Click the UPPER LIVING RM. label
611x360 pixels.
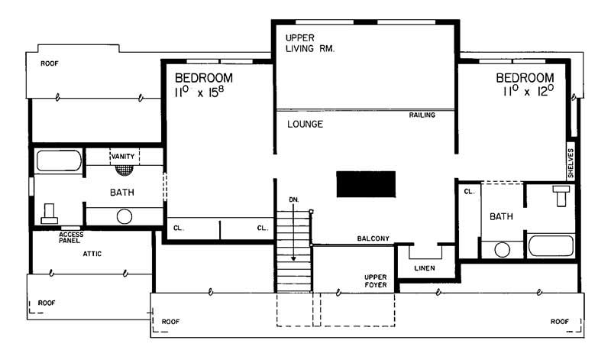pyautogui.click(x=311, y=42)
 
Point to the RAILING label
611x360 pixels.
pyautogui.click(x=422, y=115)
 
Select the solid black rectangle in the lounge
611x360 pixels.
pyautogui.click(x=367, y=185)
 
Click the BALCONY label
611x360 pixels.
pyautogui.click(x=373, y=239)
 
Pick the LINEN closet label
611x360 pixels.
pyautogui.click(x=425, y=268)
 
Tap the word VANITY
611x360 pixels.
pyautogui.click(x=123, y=156)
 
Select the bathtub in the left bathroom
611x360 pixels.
pyautogui.click(x=59, y=161)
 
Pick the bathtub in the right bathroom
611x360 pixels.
pyautogui.click(x=549, y=246)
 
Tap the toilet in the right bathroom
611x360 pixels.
pyautogui.click(x=562, y=195)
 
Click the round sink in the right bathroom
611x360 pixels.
pyautogui.click(x=502, y=248)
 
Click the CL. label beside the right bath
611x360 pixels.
pyautogui.click(x=469, y=192)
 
